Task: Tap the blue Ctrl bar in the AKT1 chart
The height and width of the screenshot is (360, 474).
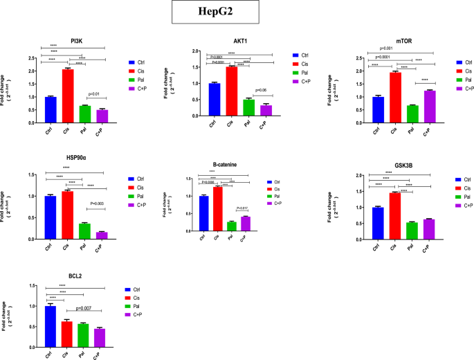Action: point(215,99)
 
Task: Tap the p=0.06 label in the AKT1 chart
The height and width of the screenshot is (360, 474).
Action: point(261,90)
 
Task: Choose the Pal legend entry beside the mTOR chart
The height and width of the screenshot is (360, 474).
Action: point(465,80)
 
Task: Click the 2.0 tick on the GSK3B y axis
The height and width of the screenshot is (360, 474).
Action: point(358,176)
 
